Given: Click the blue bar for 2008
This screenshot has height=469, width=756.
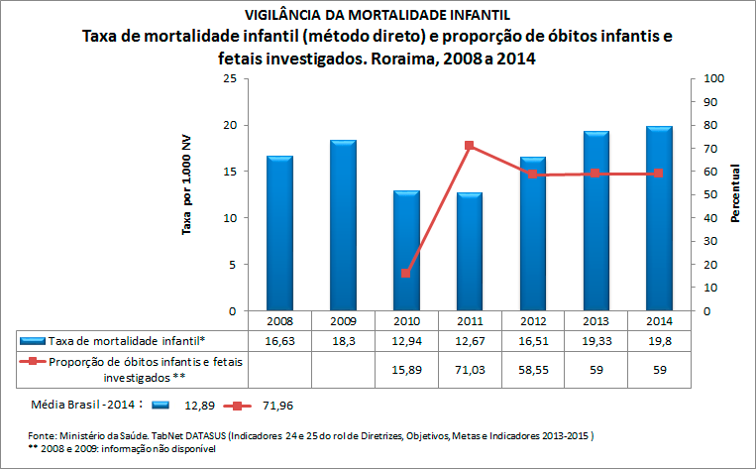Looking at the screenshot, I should (x=279, y=233).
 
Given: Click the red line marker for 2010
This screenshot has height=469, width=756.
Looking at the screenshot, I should (x=405, y=274).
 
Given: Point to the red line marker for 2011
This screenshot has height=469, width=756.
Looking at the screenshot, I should (x=468, y=146).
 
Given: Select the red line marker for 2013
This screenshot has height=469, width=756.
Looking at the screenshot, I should (x=594, y=174).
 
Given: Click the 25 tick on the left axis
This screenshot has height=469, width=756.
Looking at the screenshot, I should (x=229, y=78).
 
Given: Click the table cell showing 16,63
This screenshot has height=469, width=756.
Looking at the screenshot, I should (x=279, y=340).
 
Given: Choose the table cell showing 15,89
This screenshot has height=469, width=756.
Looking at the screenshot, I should (x=405, y=369).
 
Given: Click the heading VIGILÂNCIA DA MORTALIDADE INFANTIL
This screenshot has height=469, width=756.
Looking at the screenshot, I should (x=378, y=15).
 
